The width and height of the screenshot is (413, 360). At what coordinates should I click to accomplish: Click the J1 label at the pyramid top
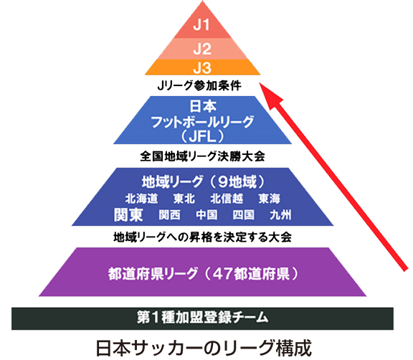(x=201, y=25)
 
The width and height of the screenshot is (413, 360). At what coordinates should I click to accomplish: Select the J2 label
(x=202, y=49)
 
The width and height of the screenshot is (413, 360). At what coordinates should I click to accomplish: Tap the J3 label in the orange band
(x=202, y=67)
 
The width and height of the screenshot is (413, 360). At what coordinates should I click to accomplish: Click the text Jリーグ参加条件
(x=199, y=85)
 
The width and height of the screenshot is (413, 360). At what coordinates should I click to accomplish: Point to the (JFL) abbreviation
(x=202, y=136)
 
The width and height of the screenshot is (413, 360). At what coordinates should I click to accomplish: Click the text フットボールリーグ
(x=202, y=122)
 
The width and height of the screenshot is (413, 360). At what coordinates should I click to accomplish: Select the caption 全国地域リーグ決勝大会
(x=202, y=156)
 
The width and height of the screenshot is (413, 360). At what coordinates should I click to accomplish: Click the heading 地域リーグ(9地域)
(x=203, y=181)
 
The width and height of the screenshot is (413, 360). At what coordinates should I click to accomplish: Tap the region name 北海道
(x=141, y=199)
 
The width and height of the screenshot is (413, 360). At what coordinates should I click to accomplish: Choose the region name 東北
(x=184, y=199)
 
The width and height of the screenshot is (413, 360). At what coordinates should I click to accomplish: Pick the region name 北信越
(x=227, y=199)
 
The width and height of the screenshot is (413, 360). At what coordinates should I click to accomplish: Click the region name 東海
(x=269, y=199)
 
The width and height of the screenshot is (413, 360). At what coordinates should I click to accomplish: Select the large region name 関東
(x=128, y=214)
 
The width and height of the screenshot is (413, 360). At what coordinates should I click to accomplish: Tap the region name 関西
(x=170, y=215)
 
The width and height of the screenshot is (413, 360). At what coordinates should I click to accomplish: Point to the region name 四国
(x=243, y=215)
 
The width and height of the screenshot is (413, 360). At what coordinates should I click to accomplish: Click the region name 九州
(x=280, y=215)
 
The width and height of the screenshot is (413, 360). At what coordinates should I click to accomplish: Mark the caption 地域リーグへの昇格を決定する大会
(x=202, y=237)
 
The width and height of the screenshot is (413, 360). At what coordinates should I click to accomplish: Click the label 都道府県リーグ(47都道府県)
(x=204, y=274)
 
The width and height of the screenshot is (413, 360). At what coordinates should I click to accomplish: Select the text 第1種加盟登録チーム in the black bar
(x=202, y=317)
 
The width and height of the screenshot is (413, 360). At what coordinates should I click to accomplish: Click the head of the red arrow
(x=260, y=83)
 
